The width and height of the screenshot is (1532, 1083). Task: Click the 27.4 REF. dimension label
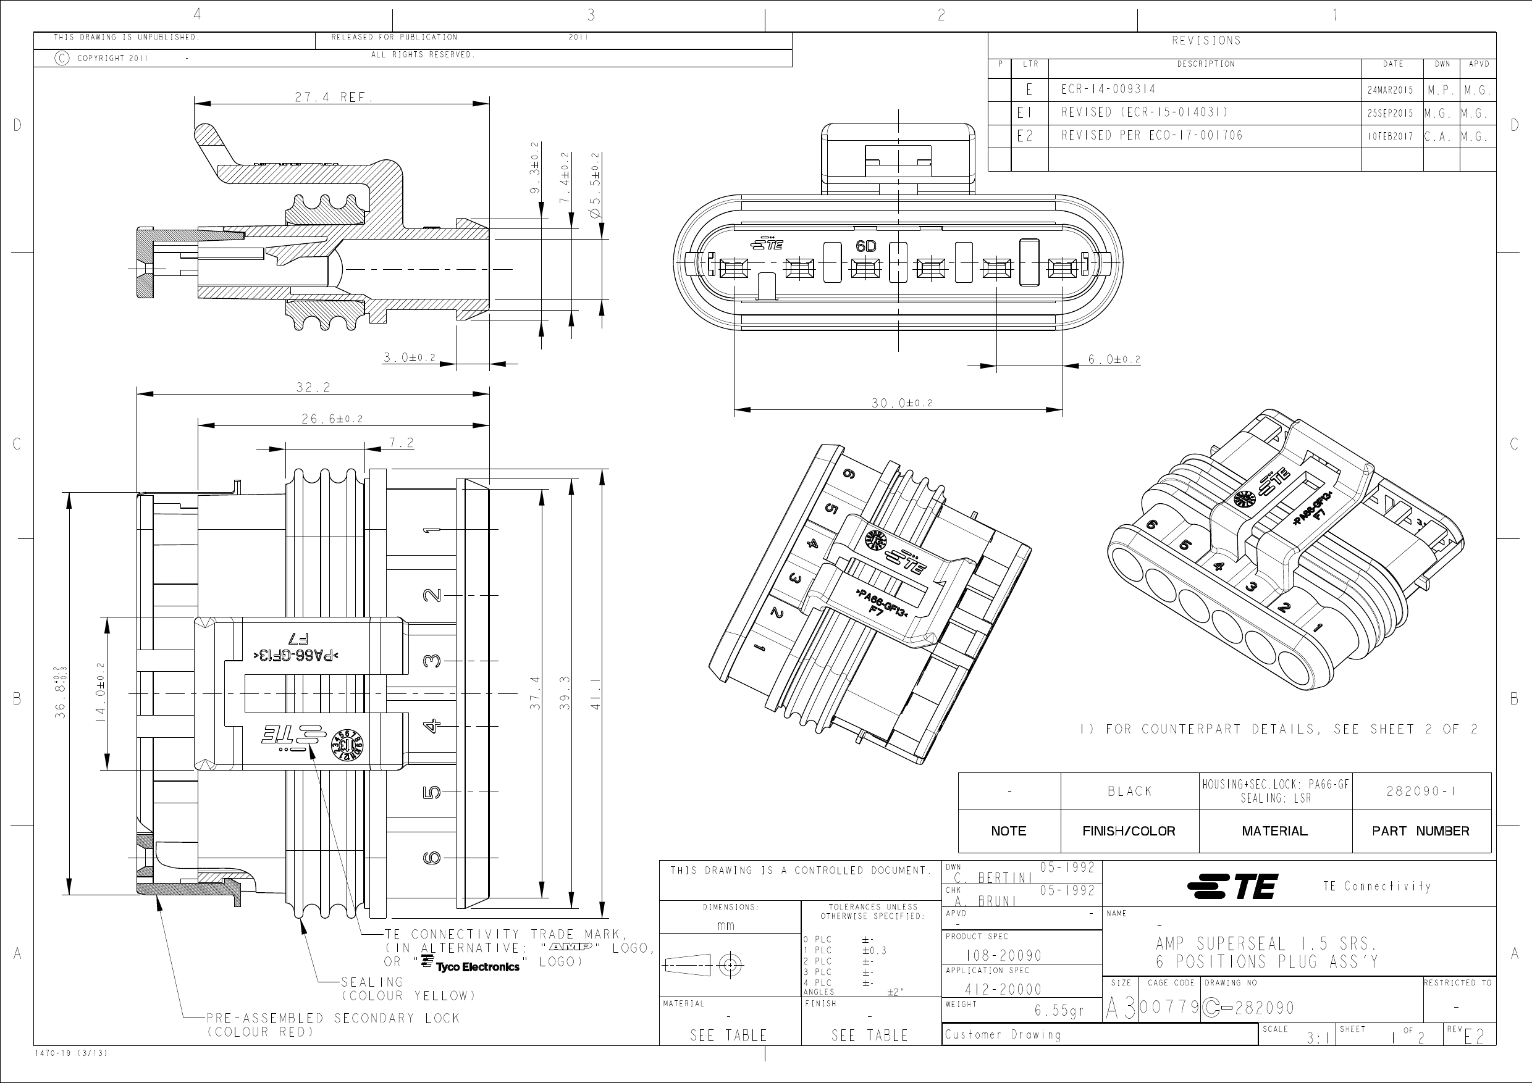tap(333, 98)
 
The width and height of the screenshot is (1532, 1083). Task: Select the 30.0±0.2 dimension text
tap(901, 403)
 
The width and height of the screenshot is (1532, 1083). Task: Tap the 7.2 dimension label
tap(401, 443)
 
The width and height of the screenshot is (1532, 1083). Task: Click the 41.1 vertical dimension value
tap(596, 693)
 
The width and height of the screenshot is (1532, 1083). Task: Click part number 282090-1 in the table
tap(1421, 792)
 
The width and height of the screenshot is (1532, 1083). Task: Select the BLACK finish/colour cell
tap(1129, 792)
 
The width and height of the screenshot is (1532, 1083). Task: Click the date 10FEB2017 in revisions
tap(1390, 136)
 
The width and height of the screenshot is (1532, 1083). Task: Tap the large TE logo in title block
tap(1232, 886)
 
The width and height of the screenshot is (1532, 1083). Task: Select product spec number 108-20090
tap(1003, 955)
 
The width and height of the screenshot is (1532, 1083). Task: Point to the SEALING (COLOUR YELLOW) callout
tap(408, 989)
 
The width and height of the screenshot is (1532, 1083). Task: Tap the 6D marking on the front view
tap(865, 246)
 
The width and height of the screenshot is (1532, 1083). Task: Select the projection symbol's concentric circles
tap(731, 964)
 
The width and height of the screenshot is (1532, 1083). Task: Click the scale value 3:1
tap(1316, 1039)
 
